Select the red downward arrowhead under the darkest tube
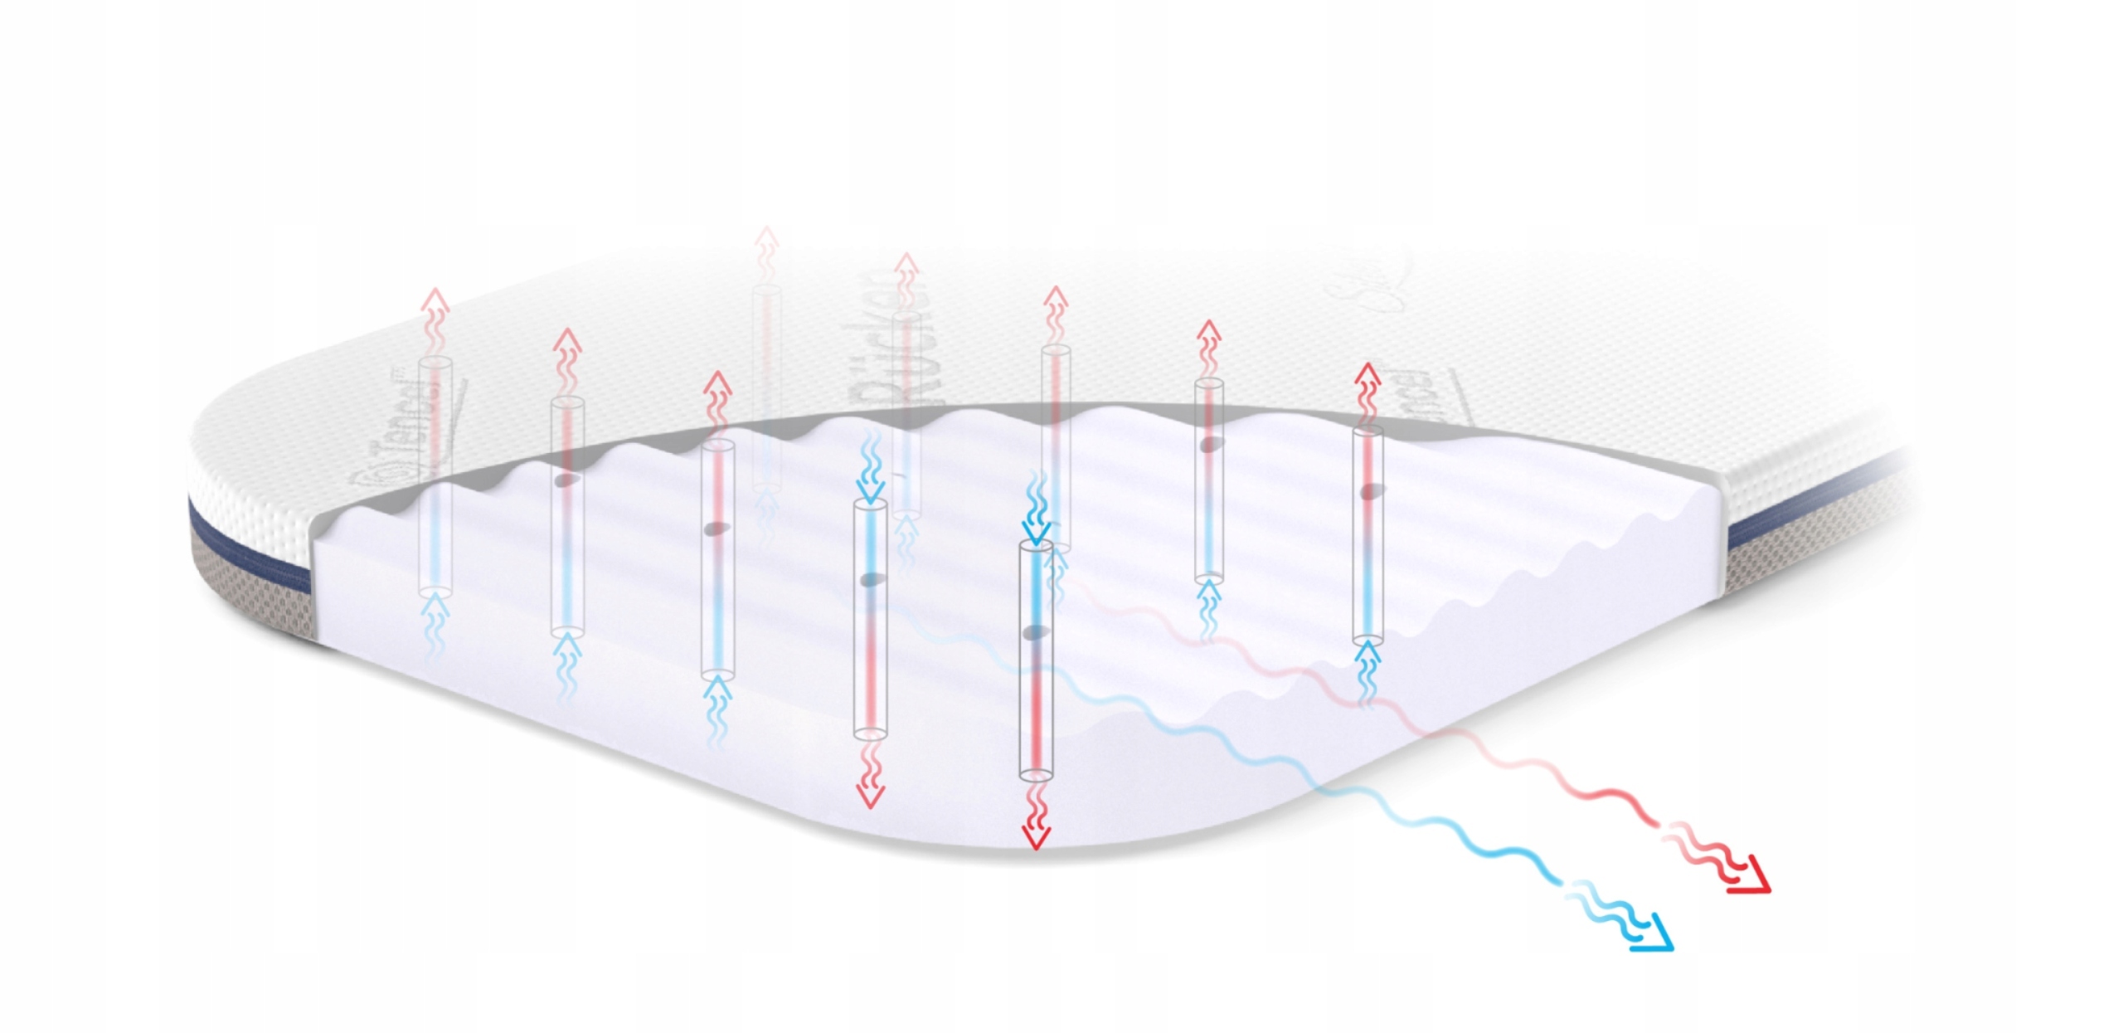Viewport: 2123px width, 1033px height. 1034,838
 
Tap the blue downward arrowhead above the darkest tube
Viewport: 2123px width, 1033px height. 1036,531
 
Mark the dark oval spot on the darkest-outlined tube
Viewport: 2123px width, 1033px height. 1033,633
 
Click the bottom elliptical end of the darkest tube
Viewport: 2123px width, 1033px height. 1035,774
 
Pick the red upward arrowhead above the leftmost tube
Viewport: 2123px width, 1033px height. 436,300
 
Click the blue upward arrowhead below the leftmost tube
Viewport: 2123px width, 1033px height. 436,610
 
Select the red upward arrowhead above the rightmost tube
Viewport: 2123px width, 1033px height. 1368,376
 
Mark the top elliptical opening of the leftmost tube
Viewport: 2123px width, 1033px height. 435,363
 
